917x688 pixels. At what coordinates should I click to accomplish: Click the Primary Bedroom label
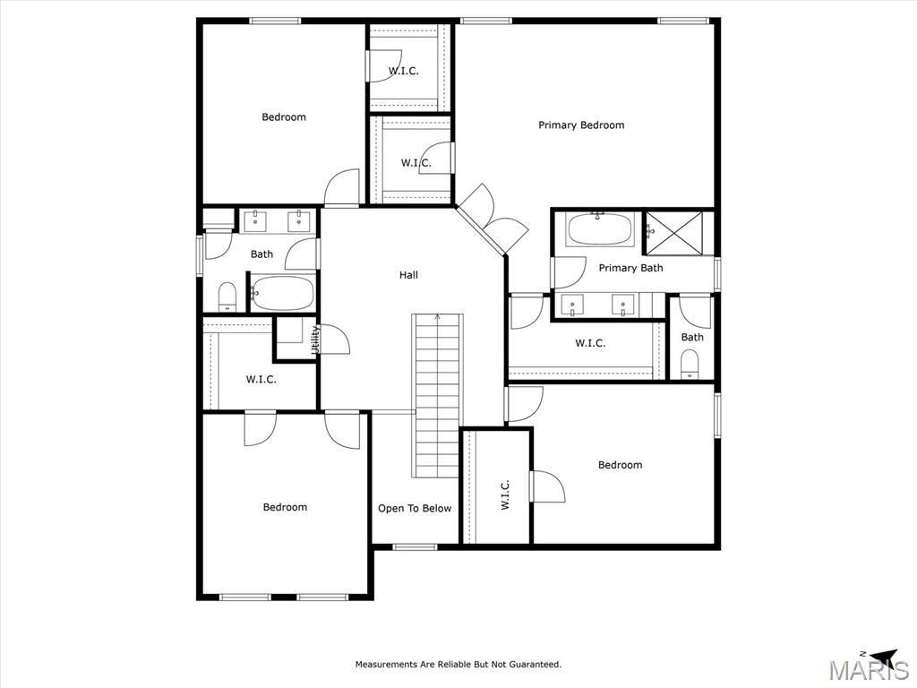click(580, 125)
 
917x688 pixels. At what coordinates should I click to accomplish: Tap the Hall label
click(408, 275)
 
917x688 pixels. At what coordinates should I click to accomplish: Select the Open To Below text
click(415, 509)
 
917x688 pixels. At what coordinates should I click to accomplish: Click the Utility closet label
click(315, 340)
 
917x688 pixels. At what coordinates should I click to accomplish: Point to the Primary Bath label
click(630, 268)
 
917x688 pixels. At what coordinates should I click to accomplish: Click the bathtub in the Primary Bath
click(600, 230)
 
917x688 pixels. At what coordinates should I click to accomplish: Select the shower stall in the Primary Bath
click(680, 232)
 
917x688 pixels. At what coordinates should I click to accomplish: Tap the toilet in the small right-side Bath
click(690, 364)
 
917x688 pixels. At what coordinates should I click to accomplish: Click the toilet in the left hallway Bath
click(227, 296)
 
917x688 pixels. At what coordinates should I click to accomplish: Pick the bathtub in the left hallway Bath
click(282, 293)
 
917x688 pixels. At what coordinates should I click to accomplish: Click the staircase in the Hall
click(437, 394)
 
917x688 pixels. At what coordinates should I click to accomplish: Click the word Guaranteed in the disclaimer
click(534, 665)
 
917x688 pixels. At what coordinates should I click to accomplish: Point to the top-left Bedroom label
click(284, 117)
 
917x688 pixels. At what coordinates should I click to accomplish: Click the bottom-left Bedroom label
click(285, 508)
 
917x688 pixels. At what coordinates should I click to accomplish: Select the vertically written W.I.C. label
click(504, 494)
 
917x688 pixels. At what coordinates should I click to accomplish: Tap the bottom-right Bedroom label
click(620, 465)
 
